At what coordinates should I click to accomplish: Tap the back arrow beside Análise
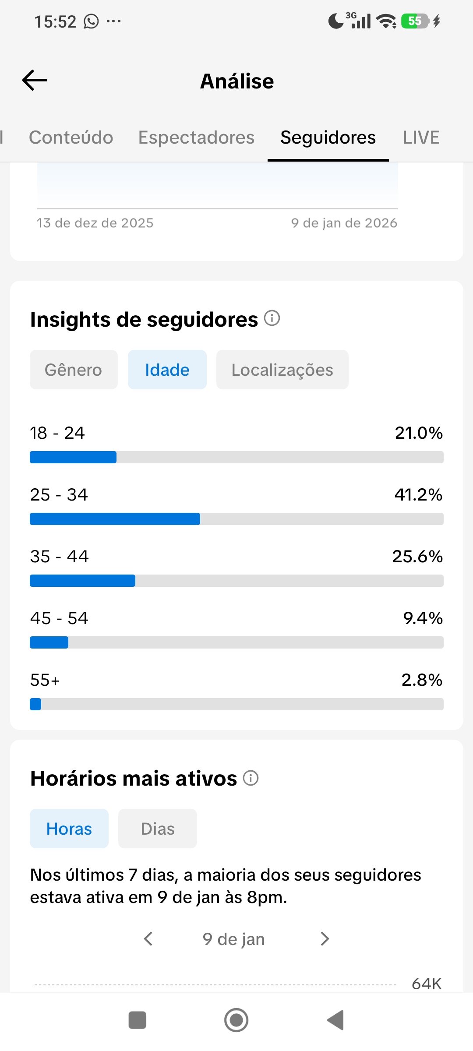pos(35,81)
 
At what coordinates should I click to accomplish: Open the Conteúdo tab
pos(71,138)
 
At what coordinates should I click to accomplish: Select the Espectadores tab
pos(196,138)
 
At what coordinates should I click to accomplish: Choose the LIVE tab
pos(421,138)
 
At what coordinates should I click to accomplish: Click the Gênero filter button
pos(74,370)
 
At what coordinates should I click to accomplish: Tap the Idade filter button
pos(167,370)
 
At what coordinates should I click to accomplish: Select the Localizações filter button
pos(282,370)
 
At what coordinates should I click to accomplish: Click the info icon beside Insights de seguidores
pos(272,318)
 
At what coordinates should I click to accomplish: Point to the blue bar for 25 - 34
pos(115,519)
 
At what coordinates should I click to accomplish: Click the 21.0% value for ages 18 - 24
pos(418,433)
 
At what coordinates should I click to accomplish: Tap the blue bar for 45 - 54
pos(49,642)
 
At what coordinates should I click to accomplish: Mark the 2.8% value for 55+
pos(421,680)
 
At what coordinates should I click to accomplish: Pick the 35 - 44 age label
pos(60,557)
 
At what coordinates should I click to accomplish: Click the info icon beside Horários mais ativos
pos(251,778)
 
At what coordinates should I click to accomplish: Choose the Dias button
pos(158,829)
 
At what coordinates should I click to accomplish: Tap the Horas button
pos(69,829)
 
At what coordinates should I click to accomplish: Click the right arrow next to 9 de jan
pos(325,939)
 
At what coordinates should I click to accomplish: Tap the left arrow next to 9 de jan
pos(148,939)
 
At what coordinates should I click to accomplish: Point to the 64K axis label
pos(426,984)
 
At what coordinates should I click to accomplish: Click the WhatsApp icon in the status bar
pos(91,21)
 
